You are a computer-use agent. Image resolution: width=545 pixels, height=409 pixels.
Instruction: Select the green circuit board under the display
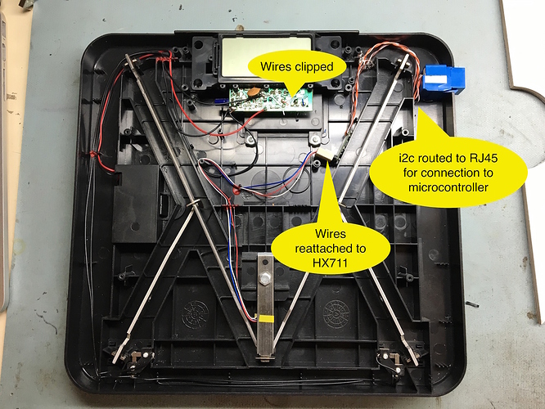pos(270,99)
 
